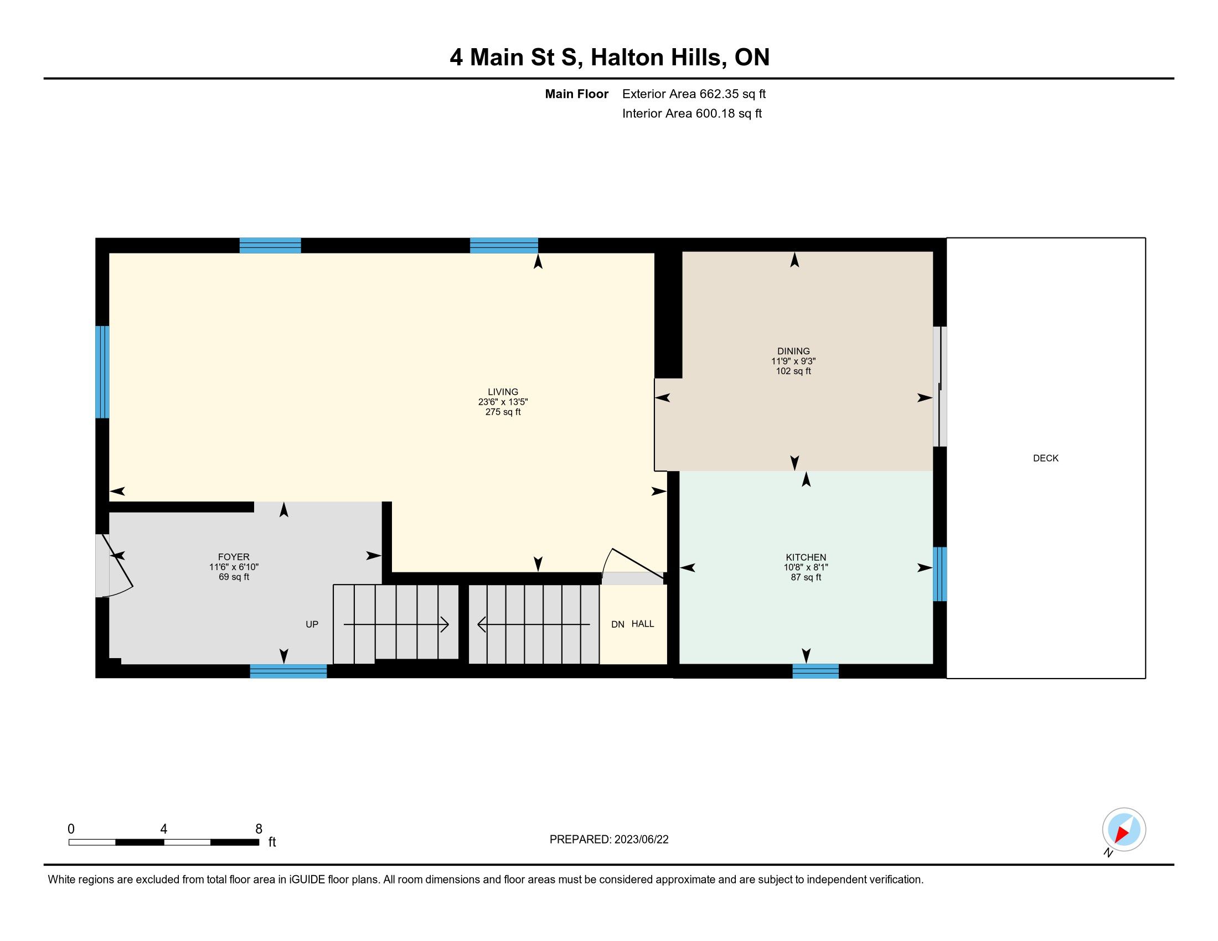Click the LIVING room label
click(x=503, y=392)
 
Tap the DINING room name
click(x=793, y=351)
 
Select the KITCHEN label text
click(x=806, y=557)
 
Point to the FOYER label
click(x=234, y=557)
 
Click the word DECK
click(x=1046, y=458)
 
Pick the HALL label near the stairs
click(x=642, y=624)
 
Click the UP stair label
click(x=312, y=624)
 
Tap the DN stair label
click(x=617, y=624)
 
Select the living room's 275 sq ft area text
click(x=503, y=412)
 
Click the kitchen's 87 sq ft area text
click(x=806, y=577)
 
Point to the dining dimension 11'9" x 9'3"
click(x=793, y=361)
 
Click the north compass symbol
click(x=1124, y=829)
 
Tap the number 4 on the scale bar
click(x=163, y=829)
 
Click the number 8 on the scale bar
click(x=259, y=829)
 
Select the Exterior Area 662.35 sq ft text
click(x=694, y=94)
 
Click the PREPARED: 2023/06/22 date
click(x=609, y=840)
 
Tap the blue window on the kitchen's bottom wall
click(x=816, y=671)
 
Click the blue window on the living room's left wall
click(x=102, y=372)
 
